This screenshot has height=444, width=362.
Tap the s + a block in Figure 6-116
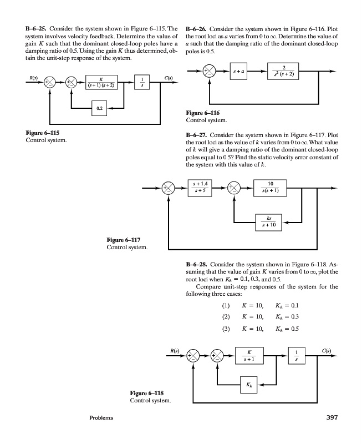[240, 71]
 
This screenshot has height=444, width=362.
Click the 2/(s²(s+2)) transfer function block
[287, 71]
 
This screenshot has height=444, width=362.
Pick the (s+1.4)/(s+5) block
[201, 187]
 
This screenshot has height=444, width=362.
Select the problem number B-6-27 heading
[197, 135]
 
